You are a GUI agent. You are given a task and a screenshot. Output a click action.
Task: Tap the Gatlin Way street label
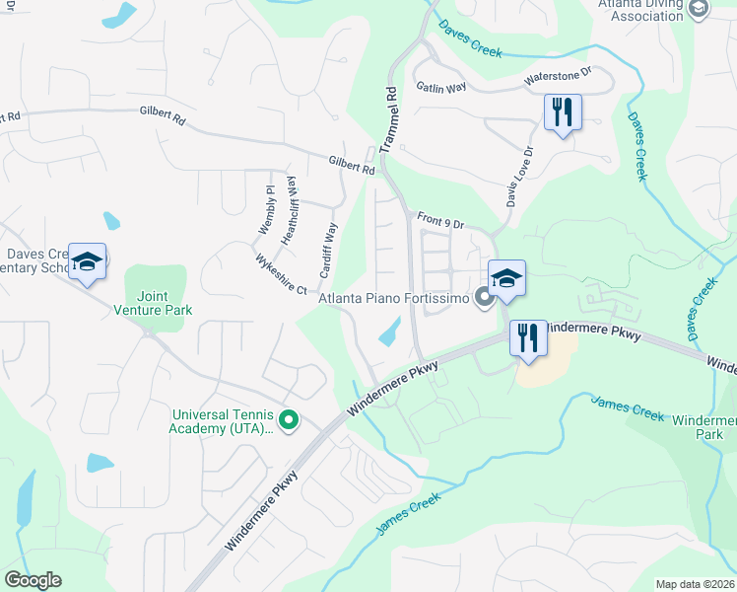click(x=440, y=88)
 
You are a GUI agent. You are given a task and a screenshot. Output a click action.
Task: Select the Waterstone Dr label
click(x=557, y=75)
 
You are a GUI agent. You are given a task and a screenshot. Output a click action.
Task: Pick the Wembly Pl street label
click(x=266, y=208)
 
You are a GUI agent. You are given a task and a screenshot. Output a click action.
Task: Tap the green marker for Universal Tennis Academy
click(x=289, y=421)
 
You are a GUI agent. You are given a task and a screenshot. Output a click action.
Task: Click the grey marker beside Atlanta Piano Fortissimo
click(x=484, y=296)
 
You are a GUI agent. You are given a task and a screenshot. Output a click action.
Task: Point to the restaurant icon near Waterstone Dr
click(x=563, y=111)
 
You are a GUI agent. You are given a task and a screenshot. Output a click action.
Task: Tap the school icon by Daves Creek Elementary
click(x=87, y=261)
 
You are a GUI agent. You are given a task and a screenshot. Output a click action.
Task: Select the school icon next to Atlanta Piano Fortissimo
click(x=506, y=278)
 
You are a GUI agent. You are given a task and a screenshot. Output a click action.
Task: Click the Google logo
click(x=33, y=580)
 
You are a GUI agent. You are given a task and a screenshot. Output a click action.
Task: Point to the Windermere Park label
click(x=703, y=427)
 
